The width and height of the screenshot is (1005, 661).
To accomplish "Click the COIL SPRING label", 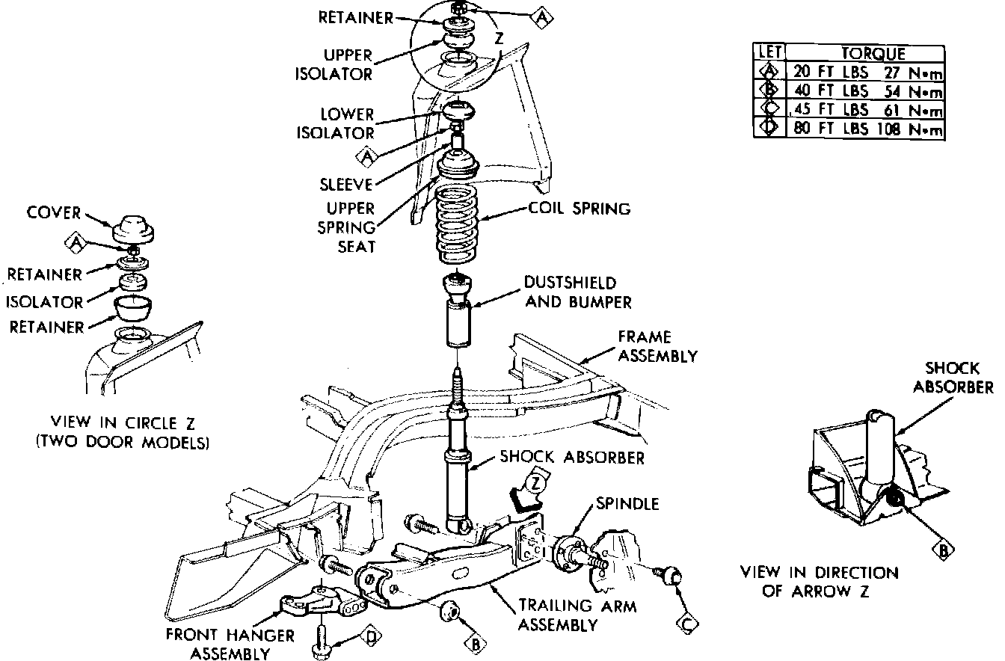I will (580, 209).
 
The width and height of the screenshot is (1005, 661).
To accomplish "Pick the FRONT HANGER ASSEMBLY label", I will (219, 642).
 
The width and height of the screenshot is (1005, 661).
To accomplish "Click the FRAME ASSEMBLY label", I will (657, 347).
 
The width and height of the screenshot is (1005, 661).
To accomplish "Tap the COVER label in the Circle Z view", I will (53, 213).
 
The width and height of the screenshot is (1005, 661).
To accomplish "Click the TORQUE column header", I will (873, 53).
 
